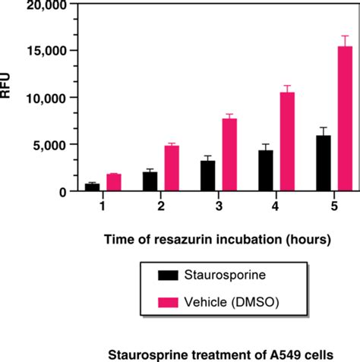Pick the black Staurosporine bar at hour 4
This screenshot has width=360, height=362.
click(267, 171)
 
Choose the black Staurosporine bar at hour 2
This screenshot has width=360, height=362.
click(150, 181)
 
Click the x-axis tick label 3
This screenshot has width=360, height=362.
click(219, 206)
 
